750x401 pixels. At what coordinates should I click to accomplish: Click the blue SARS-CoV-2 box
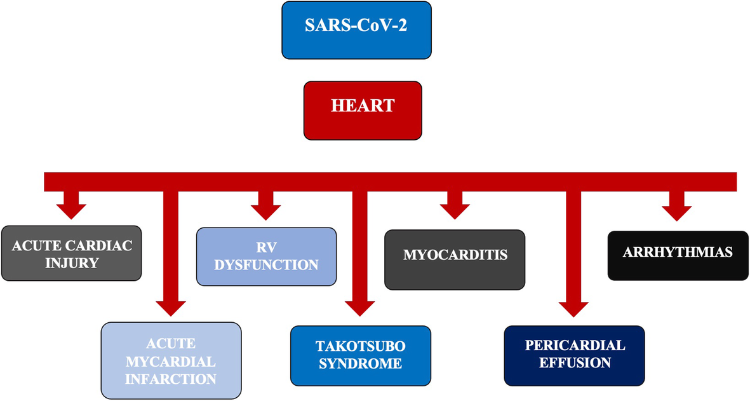357,30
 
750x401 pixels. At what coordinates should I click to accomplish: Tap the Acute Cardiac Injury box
71,253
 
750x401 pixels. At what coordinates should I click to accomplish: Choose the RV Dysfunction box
266,255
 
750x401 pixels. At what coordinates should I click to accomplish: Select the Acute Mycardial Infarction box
171,360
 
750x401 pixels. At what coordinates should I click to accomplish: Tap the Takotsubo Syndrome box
360,355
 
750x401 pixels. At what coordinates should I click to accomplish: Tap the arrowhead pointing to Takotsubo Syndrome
359,307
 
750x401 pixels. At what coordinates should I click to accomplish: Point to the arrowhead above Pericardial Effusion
573,307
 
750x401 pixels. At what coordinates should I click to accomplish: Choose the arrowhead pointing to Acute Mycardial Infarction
171,307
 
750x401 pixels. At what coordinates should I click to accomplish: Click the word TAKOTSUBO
360,346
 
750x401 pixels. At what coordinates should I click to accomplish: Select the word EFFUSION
575,363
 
